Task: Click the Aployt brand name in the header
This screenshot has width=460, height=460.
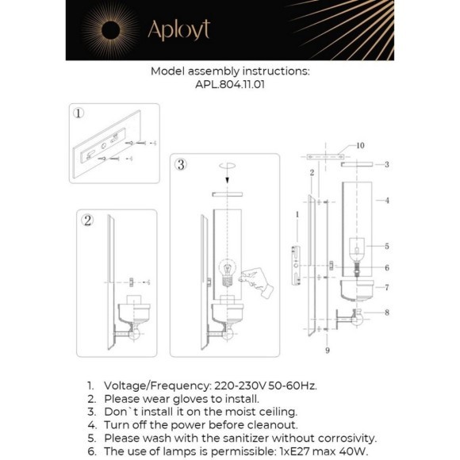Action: click(x=179, y=30)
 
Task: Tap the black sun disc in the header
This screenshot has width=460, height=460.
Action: click(x=110, y=30)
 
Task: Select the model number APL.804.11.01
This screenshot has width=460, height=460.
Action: click(x=230, y=85)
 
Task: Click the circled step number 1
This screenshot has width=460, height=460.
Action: click(x=79, y=113)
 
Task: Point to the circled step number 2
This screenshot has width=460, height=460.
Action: click(x=87, y=220)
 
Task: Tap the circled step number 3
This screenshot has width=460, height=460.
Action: click(x=181, y=165)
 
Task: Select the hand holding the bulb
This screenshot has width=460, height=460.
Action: click(x=256, y=282)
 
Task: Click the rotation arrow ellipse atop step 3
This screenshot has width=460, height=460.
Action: click(x=227, y=166)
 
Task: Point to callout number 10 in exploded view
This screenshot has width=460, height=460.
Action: click(x=360, y=145)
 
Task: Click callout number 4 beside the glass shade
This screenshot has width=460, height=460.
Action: click(x=387, y=201)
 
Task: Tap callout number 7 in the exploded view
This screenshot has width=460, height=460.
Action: click(x=387, y=287)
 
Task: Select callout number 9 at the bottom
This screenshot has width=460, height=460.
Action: click(x=328, y=351)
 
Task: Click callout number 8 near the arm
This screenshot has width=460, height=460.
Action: click(x=387, y=312)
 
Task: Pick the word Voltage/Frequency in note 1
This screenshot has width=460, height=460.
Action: click(x=158, y=385)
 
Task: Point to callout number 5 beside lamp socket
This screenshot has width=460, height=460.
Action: click(x=387, y=246)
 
